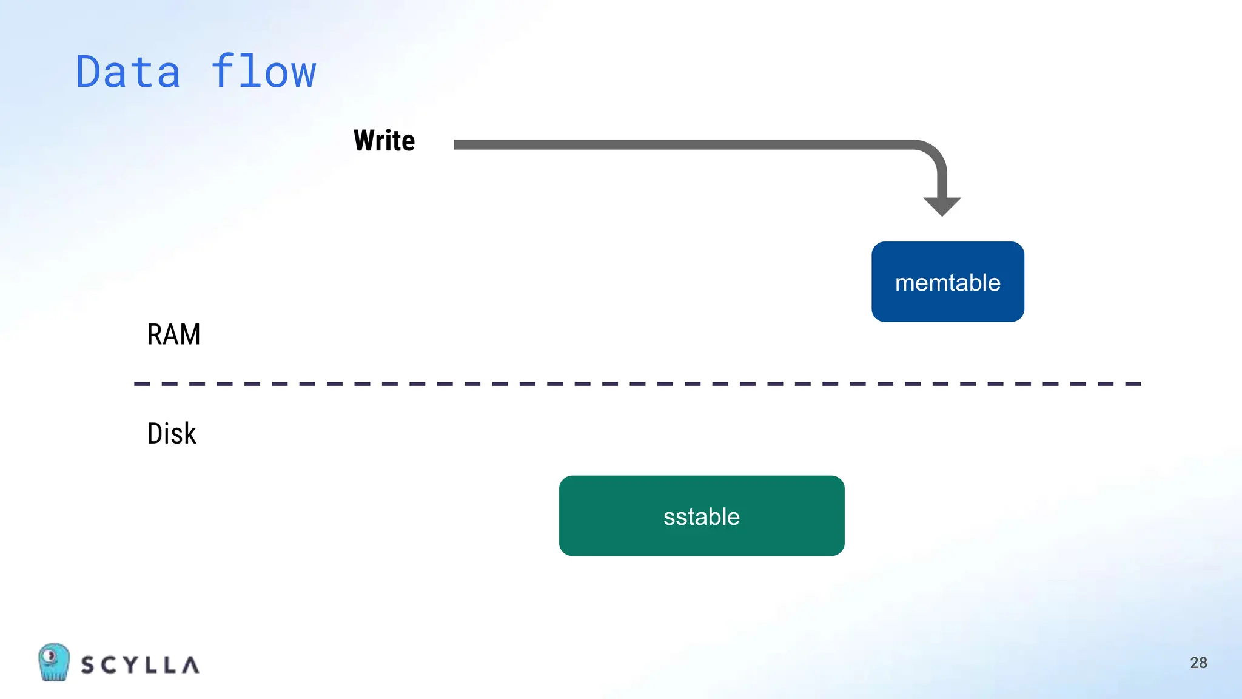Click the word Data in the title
pyautogui.click(x=128, y=72)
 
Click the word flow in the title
pyautogui.click(x=264, y=72)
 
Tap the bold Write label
pyautogui.click(x=384, y=141)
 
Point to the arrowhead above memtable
pyautogui.click(x=942, y=206)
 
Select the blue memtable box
pyautogui.click(x=947, y=282)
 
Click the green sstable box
pyautogui.click(x=702, y=516)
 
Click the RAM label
pyautogui.click(x=173, y=334)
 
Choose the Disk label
pyautogui.click(x=172, y=434)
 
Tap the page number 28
pyautogui.click(x=1198, y=663)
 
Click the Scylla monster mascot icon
pyautogui.click(x=53, y=662)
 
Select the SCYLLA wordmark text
pyautogui.click(x=140, y=665)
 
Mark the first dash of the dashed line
pyautogui.click(x=141, y=384)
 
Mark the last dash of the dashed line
pyautogui.click(x=1133, y=384)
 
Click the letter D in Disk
pyautogui.click(x=155, y=434)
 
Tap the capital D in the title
pyautogui.click(x=89, y=72)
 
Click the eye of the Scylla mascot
pyautogui.click(x=51, y=655)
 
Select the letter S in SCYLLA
pyautogui.click(x=88, y=665)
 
